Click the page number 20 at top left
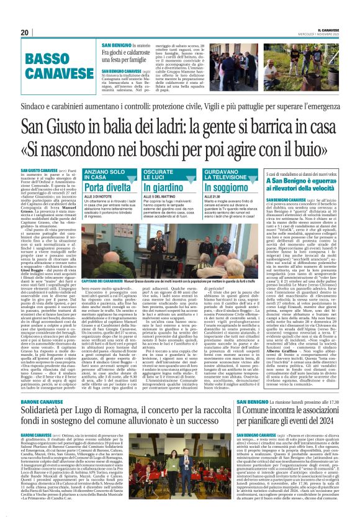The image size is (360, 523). pos(25,32)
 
